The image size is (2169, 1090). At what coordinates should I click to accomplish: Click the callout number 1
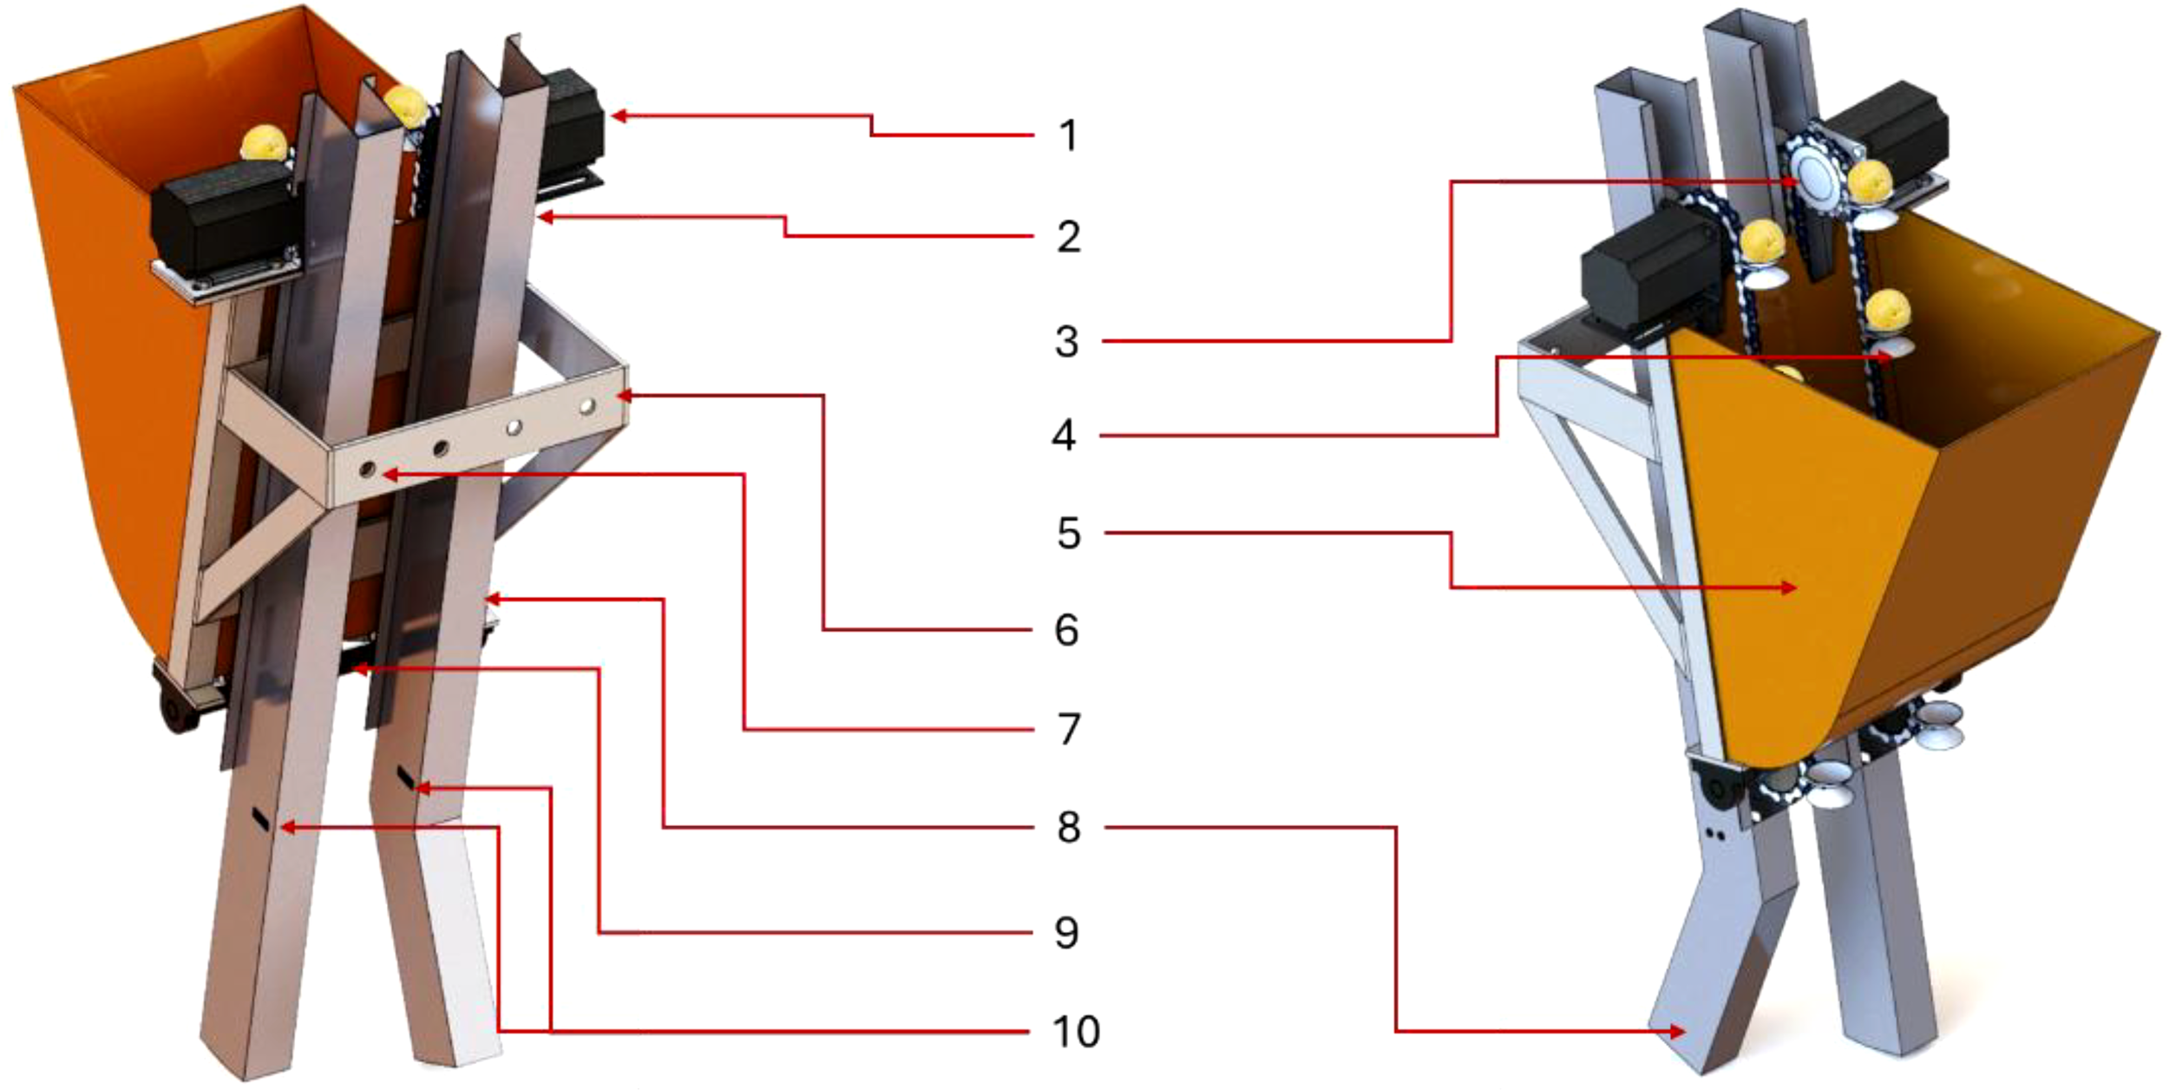1068,136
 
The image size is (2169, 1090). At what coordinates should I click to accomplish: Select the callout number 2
1068,237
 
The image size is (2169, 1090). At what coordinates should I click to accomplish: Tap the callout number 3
1067,342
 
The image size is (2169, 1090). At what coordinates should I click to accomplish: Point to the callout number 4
1065,436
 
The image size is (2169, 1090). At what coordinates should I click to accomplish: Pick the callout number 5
1069,533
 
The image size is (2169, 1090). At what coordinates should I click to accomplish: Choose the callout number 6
1067,630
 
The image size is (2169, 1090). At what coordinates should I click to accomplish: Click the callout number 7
1069,730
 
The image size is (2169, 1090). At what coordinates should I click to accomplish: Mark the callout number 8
1069,828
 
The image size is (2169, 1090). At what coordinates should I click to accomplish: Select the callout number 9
1067,933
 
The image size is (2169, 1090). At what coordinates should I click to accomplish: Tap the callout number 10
1076,1032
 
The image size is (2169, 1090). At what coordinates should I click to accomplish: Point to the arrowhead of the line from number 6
623,396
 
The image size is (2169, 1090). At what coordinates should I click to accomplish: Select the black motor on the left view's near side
221,217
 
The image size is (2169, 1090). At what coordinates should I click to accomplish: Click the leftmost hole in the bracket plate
367,469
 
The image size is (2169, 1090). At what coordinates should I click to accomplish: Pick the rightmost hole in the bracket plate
587,405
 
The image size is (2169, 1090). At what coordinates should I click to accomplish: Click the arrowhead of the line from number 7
387,475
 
